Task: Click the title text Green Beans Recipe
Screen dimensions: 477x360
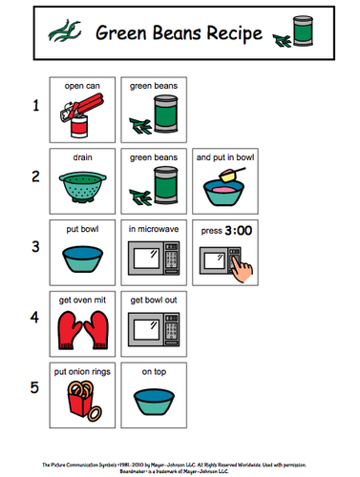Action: pos(179,35)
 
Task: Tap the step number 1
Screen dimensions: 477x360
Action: pos(35,107)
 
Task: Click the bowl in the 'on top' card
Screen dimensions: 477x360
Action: pos(154,402)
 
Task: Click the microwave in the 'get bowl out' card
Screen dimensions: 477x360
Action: pos(154,329)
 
